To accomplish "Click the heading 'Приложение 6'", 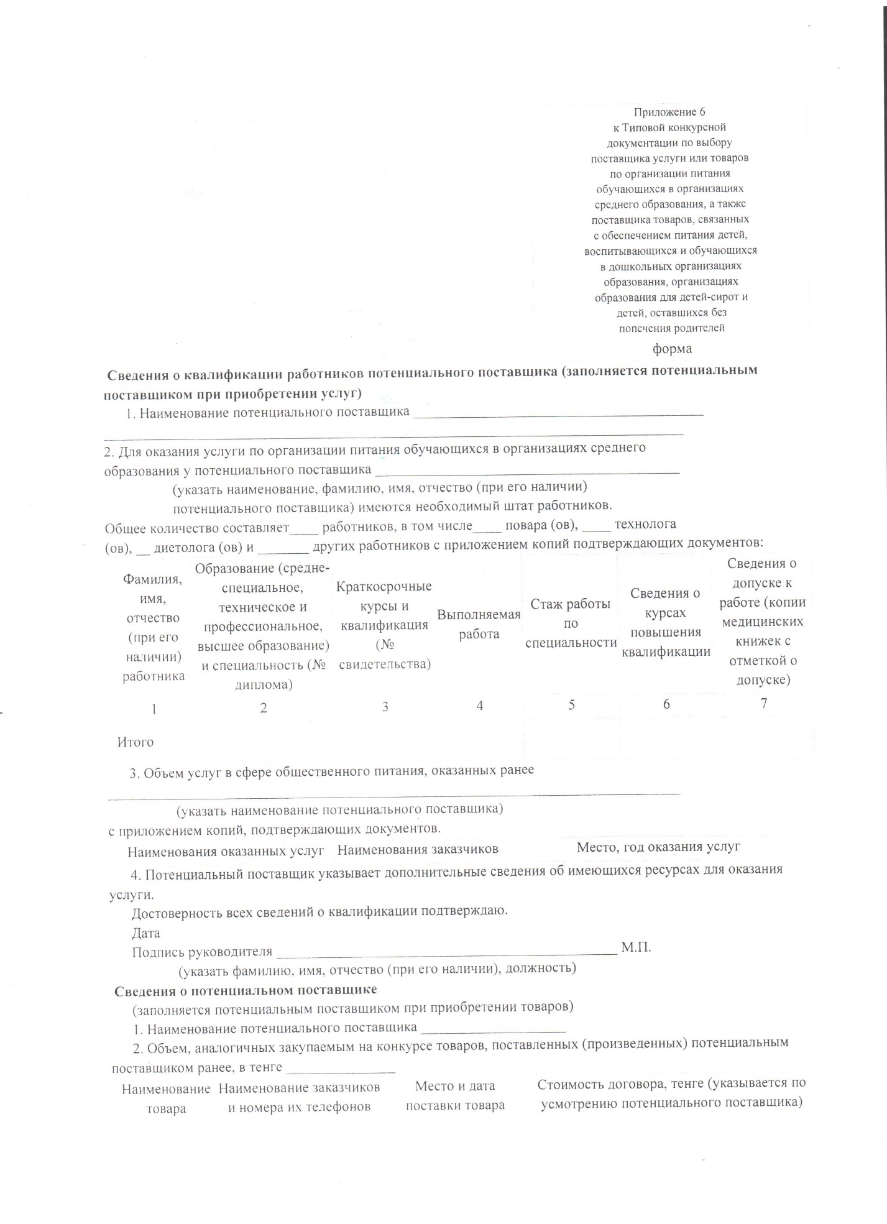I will [x=669, y=113].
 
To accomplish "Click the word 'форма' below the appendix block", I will [x=672, y=349].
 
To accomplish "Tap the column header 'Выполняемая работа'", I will [x=479, y=624].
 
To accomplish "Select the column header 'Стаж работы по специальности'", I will [x=571, y=623].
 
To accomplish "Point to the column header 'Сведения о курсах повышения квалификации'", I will [x=666, y=622].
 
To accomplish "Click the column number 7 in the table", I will [x=764, y=703].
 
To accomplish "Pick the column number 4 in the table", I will [x=479, y=706].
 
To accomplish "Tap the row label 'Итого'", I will [x=136, y=742].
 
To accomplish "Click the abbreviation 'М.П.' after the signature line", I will [x=636, y=947].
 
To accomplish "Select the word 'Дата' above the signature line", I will [x=146, y=933].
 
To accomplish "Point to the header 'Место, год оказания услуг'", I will [x=658, y=847].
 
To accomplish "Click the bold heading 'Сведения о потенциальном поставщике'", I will [x=246, y=989].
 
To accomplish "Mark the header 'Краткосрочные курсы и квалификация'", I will [x=384, y=625].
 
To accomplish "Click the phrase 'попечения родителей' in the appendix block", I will [x=672, y=328].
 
